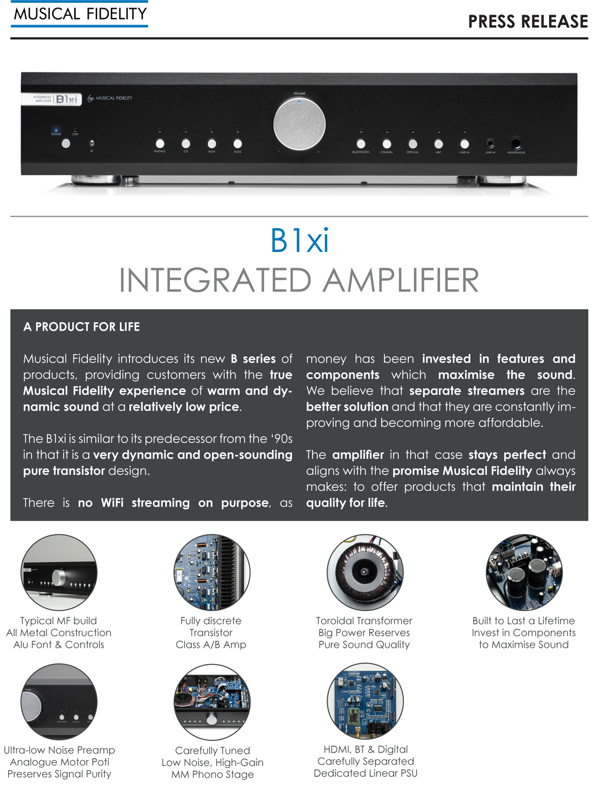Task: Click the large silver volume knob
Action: (299, 124)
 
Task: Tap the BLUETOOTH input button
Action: (360, 144)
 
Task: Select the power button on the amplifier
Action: (66, 144)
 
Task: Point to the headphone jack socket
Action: (515, 143)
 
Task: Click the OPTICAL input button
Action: (412, 144)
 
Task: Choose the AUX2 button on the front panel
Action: (237, 144)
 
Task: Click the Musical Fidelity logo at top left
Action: (80, 14)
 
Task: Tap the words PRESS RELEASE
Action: (528, 22)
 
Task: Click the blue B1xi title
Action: (299, 241)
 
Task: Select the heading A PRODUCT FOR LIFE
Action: (82, 327)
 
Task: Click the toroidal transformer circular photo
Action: (365, 572)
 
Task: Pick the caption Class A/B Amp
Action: (211, 645)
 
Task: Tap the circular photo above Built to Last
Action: (524, 572)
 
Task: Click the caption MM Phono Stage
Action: (212, 774)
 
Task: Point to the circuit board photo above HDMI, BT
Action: (365, 701)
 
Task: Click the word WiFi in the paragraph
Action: (112, 503)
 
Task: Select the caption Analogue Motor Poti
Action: (59, 762)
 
